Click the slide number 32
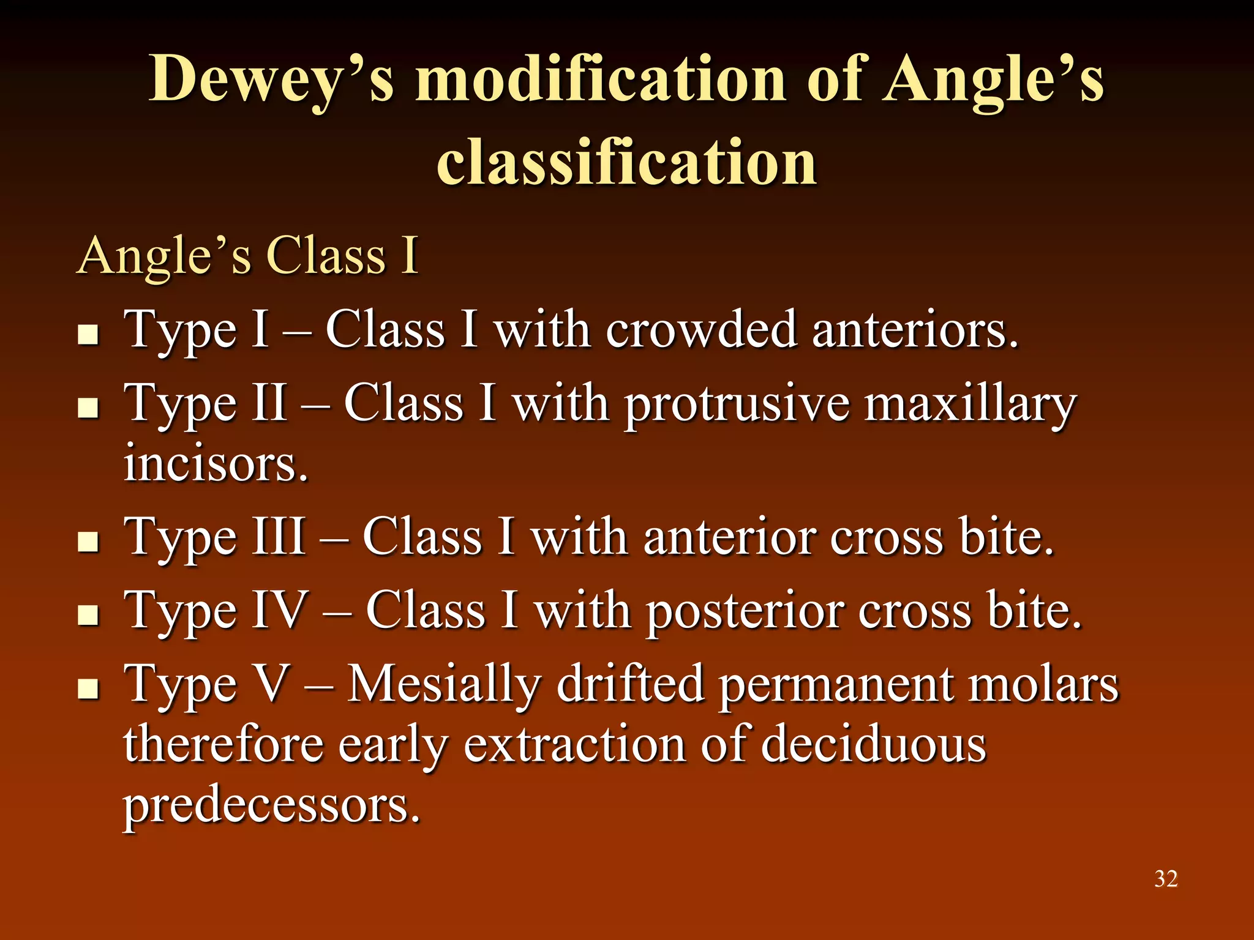coord(1166,879)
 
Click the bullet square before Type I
coord(89,334)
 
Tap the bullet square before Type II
coord(89,408)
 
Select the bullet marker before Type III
coord(89,542)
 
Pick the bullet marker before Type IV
coord(89,615)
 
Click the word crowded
coord(701,330)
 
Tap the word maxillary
coord(970,405)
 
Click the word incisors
coord(216,463)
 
